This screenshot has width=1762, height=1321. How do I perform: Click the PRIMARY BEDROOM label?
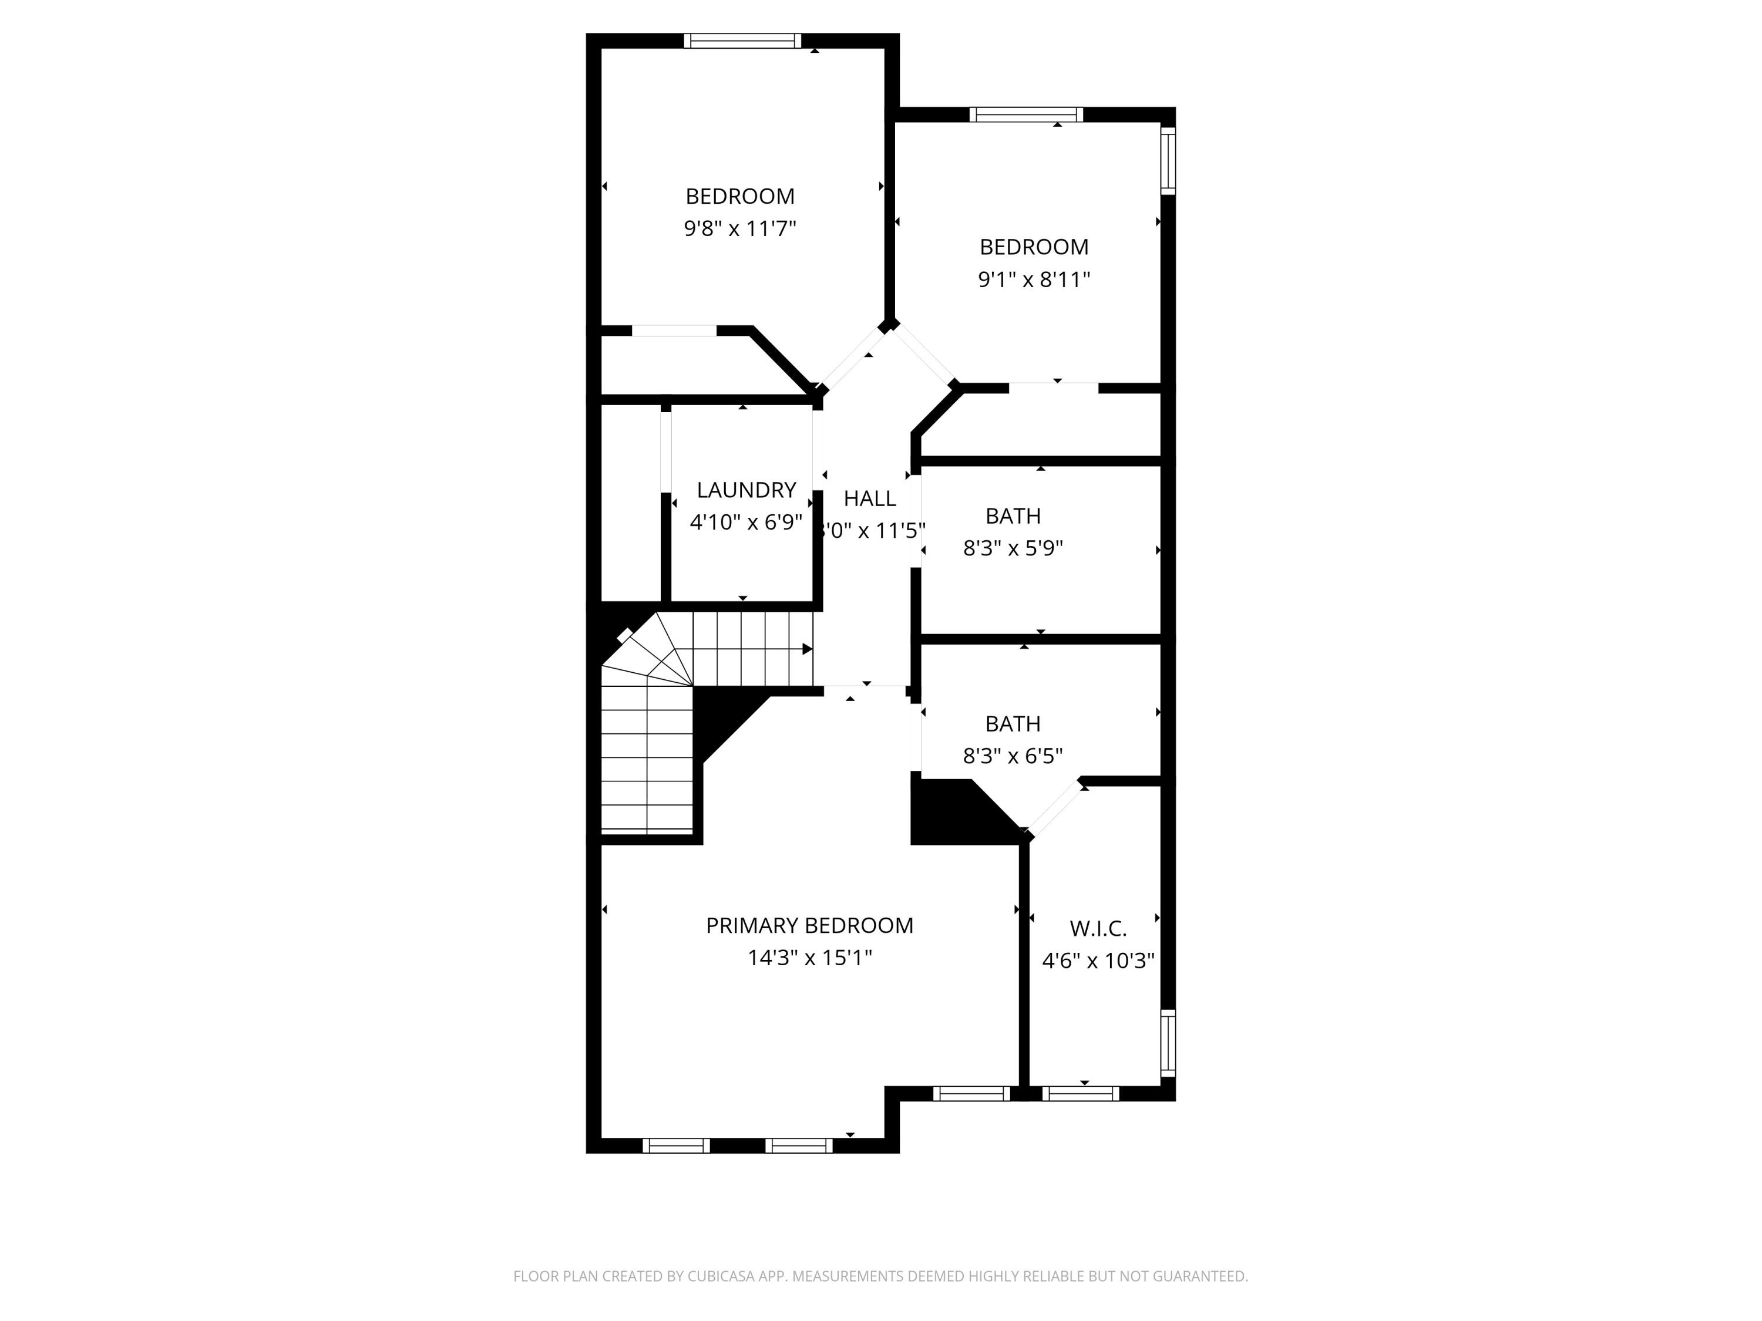(x=809, y=925)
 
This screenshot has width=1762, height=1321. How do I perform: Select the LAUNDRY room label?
(x=745, y=490)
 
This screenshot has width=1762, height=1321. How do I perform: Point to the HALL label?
(x=870, y=498)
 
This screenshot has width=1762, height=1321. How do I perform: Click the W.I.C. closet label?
(x=1098, y=928)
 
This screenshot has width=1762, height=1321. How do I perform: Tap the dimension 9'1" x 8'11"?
(x=1034, y=279)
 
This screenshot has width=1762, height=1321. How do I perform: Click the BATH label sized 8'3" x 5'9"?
(x=1013, y=516)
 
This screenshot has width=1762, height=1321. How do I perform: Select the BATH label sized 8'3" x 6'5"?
(x=1013, y=724)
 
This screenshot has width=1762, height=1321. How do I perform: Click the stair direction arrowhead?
(x=807, y=649)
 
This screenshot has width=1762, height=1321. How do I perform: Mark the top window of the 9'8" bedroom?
(x=742, y=41)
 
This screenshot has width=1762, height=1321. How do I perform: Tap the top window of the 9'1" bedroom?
(x=1026, y=114)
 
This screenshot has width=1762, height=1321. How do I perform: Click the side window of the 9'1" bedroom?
(x=1168, y=160)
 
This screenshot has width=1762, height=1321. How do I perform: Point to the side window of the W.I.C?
(x=1168, y=1042)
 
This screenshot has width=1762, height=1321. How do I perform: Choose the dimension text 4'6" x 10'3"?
(x=1098, y=961)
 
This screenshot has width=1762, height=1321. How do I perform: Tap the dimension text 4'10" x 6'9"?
(x=745, y=523)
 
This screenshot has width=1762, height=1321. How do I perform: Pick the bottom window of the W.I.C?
(x=1080, y=1094)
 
